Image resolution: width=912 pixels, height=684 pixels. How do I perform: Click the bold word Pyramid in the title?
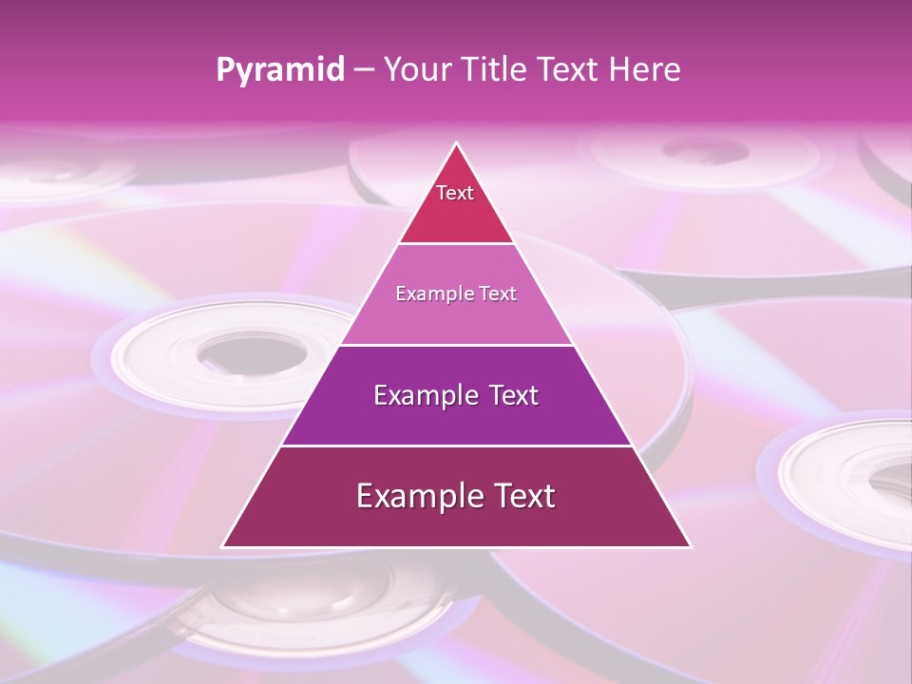pos(279,69)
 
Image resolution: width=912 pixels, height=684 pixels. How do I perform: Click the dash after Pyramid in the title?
pos(363,70)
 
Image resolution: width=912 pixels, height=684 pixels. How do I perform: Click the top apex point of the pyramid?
pos(457,144)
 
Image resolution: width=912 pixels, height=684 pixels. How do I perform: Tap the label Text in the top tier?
pos(455,193)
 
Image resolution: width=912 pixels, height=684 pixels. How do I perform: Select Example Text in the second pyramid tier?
pos(456,294)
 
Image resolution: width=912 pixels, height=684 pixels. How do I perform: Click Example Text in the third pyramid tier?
pos(456,395)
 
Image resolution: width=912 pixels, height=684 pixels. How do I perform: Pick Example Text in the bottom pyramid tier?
pos(456,496)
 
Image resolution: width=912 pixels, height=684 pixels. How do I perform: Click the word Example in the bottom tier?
pos(413,496)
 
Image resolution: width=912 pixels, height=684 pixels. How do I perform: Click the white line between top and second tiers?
pos(456,243)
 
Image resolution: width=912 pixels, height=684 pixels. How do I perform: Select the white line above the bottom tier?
pos(456,446)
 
